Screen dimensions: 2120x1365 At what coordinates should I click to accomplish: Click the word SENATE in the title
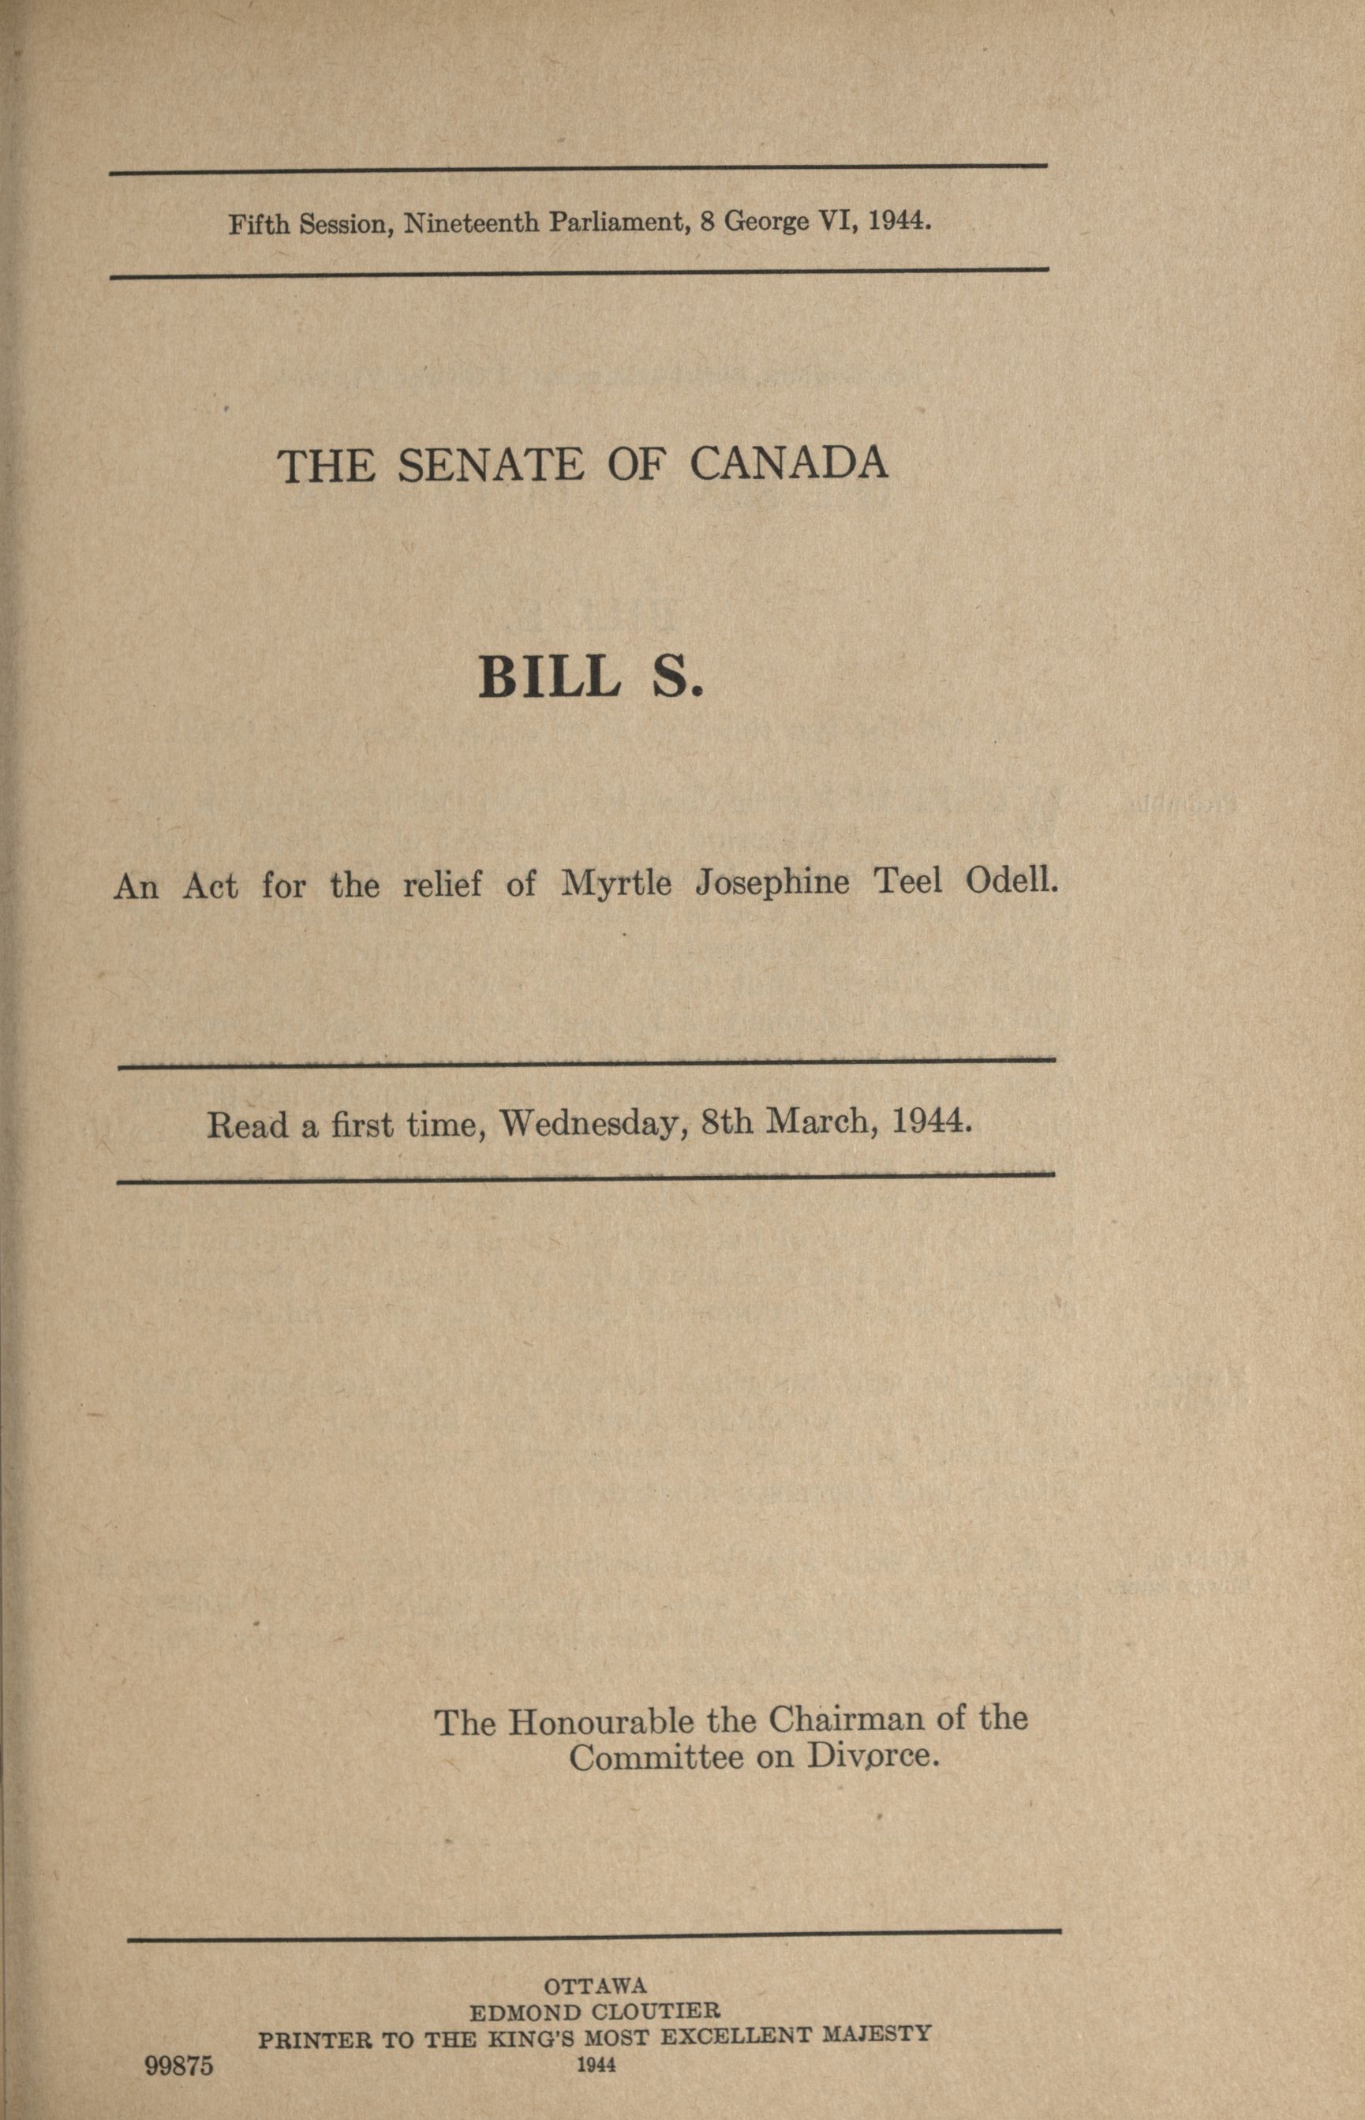491,466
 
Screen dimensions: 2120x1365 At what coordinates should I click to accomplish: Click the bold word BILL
548,677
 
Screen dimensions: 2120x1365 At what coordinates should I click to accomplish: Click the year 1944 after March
933,1122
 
